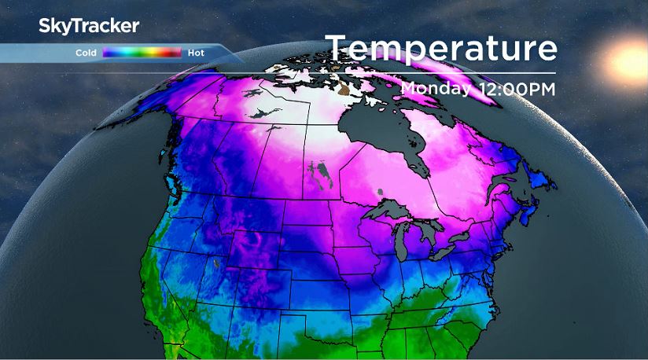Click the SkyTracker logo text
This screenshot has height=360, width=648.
tap(89, 26)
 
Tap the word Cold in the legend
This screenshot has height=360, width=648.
tap(86, 53)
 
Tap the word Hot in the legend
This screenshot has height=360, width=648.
tap(196, 53)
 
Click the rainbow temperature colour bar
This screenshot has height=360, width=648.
tap(142, 53)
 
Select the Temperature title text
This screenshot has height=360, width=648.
tap(441, 48)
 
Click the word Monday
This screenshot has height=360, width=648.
tap(435, 88)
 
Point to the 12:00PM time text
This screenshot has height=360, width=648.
tap(515, 89)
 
